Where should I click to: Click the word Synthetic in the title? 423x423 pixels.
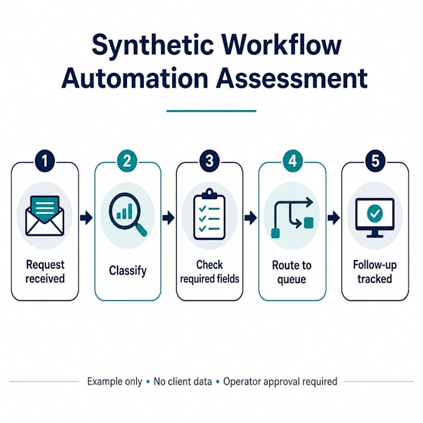tap(153, 45)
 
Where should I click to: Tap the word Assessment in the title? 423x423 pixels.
tap(292, 78)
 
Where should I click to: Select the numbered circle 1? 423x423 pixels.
tap(45, 161)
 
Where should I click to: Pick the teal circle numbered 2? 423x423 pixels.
tap(127, 161)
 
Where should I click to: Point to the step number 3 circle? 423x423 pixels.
tap(210, 161)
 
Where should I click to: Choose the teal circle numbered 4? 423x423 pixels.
tap(292, 161)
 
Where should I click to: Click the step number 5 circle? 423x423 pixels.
tap(375, 161)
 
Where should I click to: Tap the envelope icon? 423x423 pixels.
tap(45, 216)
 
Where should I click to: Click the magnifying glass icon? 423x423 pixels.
tap(128, 215)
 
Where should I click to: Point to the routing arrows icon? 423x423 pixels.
tap(292, 217)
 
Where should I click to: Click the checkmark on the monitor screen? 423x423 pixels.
tap(374, 213)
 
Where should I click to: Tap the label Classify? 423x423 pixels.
tap(128, 271)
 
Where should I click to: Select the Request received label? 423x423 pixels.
tap(45, 271)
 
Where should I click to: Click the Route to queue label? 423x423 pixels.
tap(292, 272)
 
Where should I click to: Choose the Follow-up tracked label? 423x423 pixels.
tap(375, 272)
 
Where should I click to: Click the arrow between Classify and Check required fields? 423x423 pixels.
tap(169, 218)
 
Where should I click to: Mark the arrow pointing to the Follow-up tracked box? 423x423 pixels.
tap(333, 218)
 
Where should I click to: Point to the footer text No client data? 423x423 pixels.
tap(183, 381)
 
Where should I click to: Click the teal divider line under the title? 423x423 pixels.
tap(211, 111)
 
